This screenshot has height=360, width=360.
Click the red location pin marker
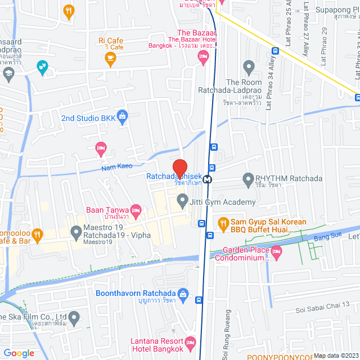[x=179, y=168]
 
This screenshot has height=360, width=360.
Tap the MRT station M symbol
[x=208, y=179]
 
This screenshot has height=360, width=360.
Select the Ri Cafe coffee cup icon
[x=110, y=57]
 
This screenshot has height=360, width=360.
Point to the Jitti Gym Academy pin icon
[x=182, y=200]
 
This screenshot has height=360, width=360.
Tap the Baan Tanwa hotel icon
[x=135, y=210]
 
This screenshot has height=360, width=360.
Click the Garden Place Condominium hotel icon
[x=276, y=251]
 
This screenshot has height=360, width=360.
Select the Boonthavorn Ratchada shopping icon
[x=182, y=294]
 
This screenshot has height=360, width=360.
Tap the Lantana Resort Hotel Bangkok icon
[x=190, y=341]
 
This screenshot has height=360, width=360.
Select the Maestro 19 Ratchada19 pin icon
[x=76, y=231]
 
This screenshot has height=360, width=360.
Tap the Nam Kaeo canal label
[x=116, y=167]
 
